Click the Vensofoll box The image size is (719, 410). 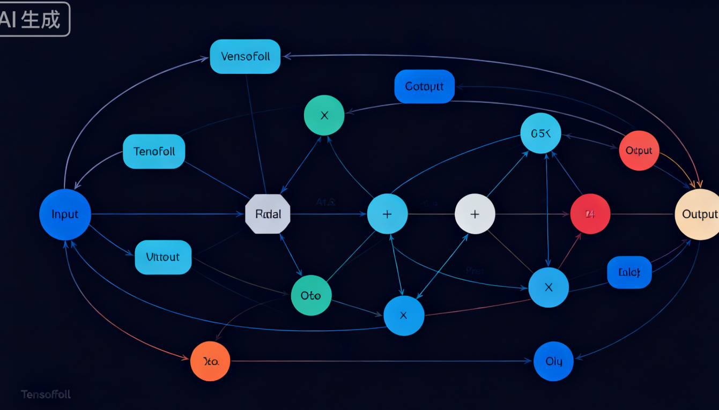pos(245,56)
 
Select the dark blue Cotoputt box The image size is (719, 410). pos(424,86)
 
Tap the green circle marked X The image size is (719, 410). pos(324,115)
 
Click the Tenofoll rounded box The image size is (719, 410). pos(154,151)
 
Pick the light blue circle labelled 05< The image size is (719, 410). pos(540,133)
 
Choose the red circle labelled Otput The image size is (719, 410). pos(639,151)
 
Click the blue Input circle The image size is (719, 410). pos(65,214)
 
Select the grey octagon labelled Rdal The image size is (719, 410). pos(268,214)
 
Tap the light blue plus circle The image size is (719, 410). pos(387,214)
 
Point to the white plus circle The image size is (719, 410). pos(475,214)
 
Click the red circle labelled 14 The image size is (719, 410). pos(590,214)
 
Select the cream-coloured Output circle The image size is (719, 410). pos(697,214)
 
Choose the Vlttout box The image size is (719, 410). pos(163,257)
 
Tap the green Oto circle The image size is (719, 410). pos(311,295)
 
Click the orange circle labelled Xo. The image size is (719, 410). pos(210,361)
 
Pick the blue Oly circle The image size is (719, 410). pos(553,361)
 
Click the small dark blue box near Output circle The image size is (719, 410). pos(629,272)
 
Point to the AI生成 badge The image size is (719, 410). pos(33,19)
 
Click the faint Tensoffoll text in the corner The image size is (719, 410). pos(46,394)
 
